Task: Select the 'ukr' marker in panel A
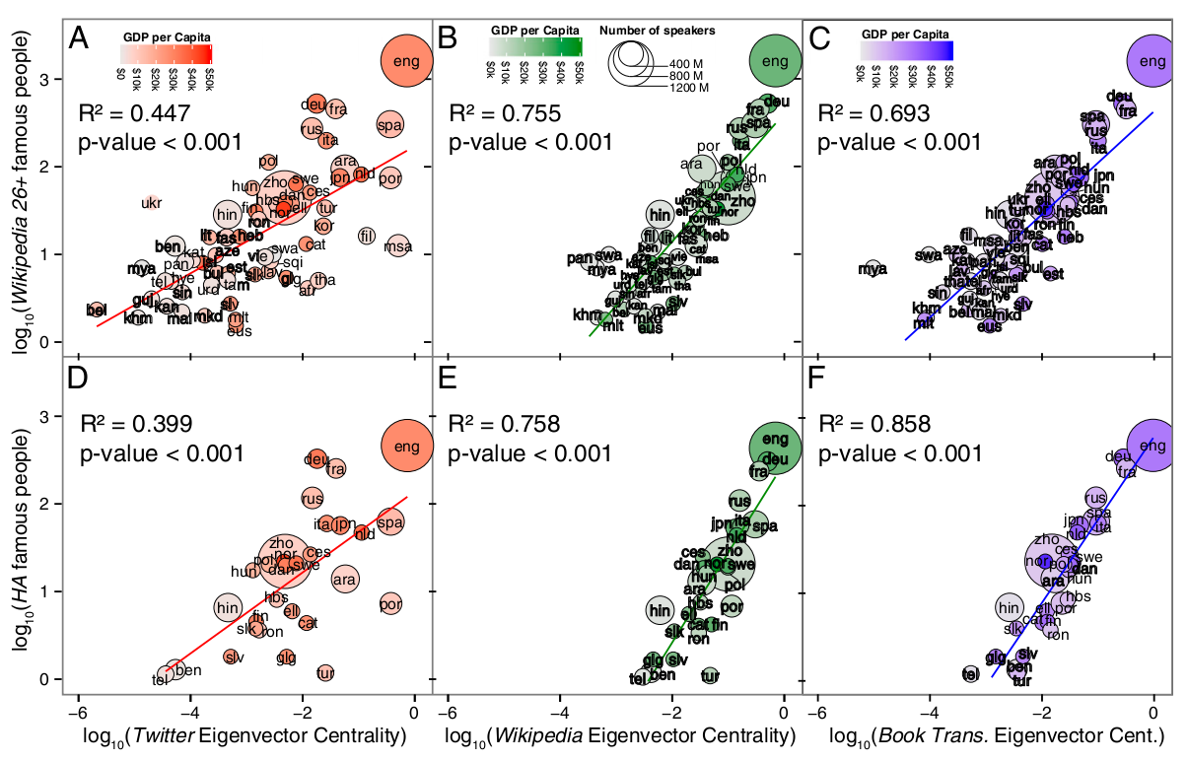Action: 151,203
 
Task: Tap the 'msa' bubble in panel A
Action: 398,246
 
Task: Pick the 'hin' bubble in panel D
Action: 228,607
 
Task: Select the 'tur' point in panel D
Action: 325,673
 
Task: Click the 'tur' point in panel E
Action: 709,675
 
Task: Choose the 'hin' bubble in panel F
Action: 1008,607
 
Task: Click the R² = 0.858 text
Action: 874,425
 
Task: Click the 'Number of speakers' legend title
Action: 658,31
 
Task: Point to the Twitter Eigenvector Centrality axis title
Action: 245,734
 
